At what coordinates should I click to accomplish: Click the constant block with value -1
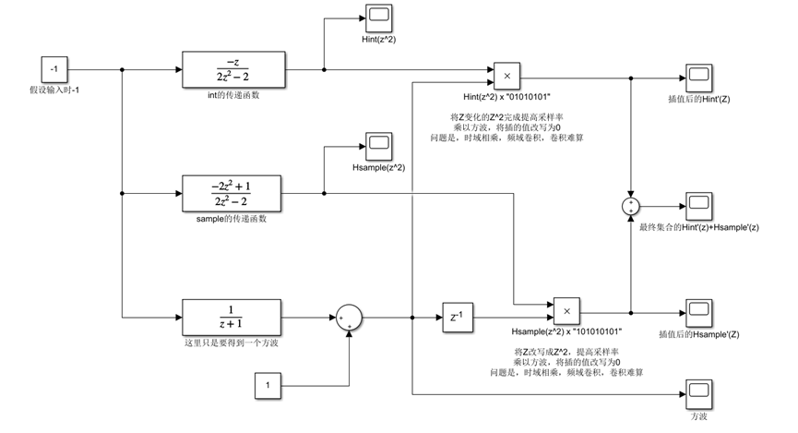(x=54, y=68)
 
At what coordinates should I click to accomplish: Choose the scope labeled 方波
(x=696, y=392)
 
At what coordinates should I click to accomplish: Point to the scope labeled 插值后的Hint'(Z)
(x=696, y=78)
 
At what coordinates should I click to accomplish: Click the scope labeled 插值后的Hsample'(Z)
(x=696, y=310)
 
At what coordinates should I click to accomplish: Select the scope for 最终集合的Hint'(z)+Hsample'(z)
(x=696, y=205)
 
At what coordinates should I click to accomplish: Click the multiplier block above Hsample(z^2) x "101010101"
(x=566, y=311)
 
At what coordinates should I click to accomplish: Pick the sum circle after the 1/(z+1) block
(x=349, y=318)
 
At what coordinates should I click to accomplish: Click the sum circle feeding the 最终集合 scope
(x=630, y=205)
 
